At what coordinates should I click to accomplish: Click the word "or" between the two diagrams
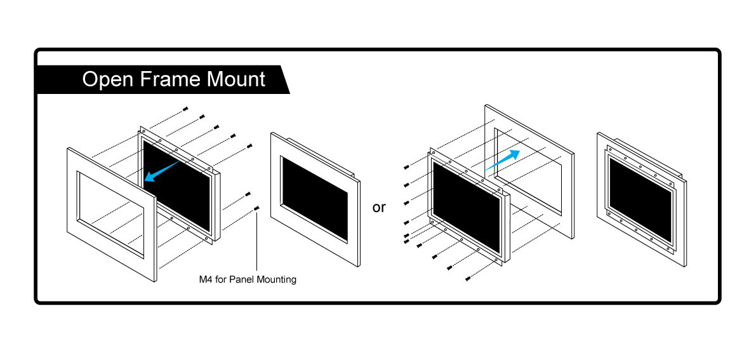[379, 208]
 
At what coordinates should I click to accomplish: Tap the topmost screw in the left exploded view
[185, 109]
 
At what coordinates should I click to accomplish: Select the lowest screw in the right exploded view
[468, 278]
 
